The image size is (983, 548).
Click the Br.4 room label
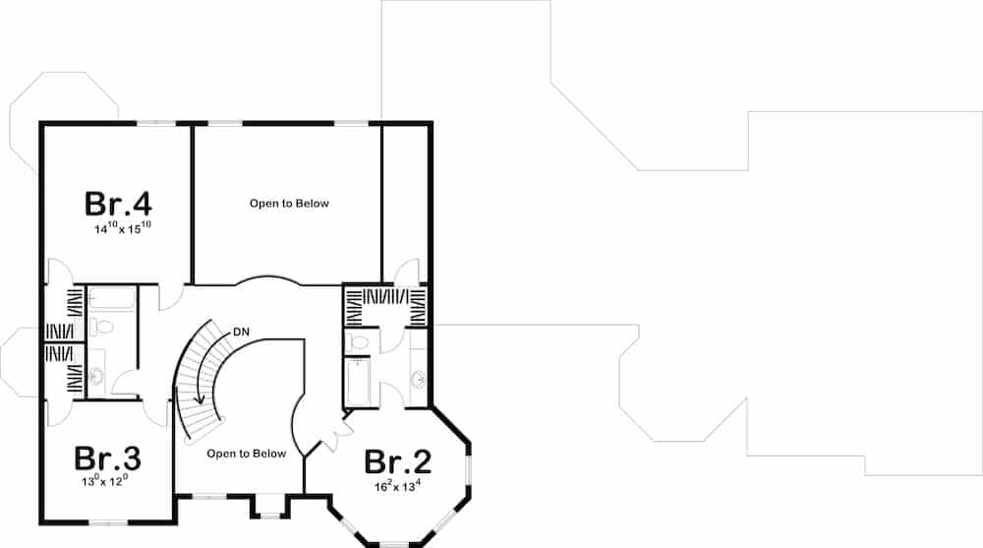point(118,204)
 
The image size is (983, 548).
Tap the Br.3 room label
point(108,458)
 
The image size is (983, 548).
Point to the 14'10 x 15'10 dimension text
point(122,228)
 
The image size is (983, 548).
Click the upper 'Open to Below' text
point(288,204)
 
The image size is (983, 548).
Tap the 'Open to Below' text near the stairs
point(246,454)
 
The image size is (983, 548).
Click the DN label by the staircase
point(241,332)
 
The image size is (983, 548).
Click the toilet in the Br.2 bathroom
point(356,341)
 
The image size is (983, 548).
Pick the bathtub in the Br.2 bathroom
point(356,382)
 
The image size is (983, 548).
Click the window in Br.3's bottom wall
point(108,521)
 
